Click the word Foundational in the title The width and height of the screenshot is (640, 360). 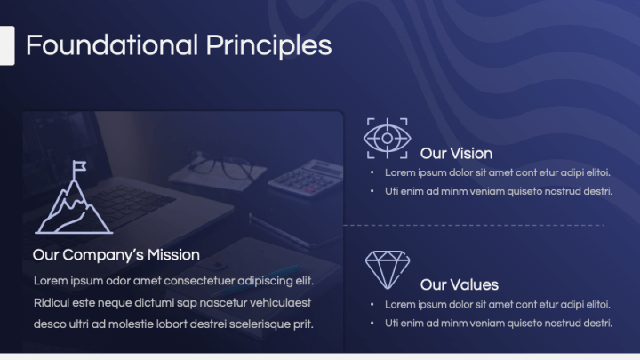pyautogui.click(x=112, y=45)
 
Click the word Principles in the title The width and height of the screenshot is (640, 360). pyautogui.click(x=268, y=46)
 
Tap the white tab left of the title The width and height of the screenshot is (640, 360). pyautogui.click(x=7, y=45)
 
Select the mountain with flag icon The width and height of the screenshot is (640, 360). pyautogui.click(x=74, y=197)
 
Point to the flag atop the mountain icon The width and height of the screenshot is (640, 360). pyautogui.click(x=80, y=165)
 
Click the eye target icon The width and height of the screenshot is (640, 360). pyautogui.click(x=387, y=138)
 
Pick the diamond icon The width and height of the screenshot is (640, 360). pyautogui.click(x=388, y=270)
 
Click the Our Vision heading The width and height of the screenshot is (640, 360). pyautogui.click(x=456, y=154)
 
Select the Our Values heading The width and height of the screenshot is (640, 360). pyautogui.click(x=460, y=284)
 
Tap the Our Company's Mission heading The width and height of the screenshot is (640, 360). pyautogui.click(x=116, y=255)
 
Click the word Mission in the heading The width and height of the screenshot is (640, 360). pyautogui.click(x=173, y=255)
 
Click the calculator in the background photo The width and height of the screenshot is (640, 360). pyautogui.click(x=306, y=179)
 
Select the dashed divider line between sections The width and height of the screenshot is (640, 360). pyautogui.click(x=474, y=225)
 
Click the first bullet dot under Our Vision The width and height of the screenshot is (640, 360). pyautogui.click(x=372, y=172)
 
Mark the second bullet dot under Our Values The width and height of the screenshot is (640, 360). pyautogui.click(x=372, y=324)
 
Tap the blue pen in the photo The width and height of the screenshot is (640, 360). pyautogui.click(x=261, y=280)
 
